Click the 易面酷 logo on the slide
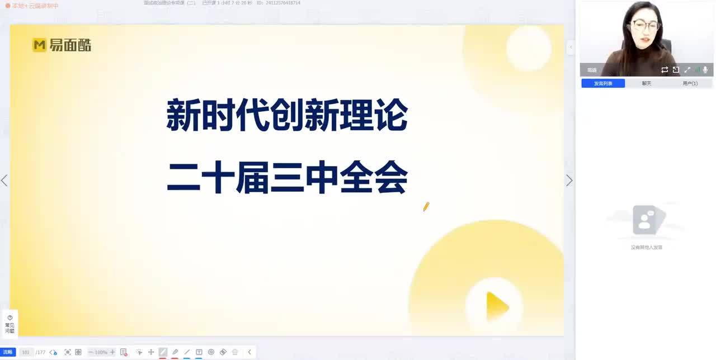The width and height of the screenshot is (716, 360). tap(62, 45)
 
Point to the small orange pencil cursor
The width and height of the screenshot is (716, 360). tap(426, 207)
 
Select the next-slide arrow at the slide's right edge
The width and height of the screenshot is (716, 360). tap(569, 181)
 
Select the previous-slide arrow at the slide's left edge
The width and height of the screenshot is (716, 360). tap(4, 181)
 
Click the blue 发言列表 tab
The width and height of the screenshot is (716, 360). tap(603, 83)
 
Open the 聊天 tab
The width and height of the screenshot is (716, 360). tap(647, 83)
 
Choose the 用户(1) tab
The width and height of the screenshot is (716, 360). tap(690, 83)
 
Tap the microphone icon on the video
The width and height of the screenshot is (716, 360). tap(705, 70)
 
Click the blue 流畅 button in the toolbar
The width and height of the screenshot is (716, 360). tap(8, 352)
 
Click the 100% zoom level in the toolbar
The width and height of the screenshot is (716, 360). tap(101, 352)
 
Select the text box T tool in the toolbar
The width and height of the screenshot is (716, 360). tap(199, 352)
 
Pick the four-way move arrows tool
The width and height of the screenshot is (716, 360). tap(150, 352)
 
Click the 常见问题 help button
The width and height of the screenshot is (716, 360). tap(10, 324)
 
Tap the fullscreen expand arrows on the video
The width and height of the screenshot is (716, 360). tap(687, 70)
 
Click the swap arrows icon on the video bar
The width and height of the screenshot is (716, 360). tap(665, 70)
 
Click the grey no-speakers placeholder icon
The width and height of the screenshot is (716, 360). tap(646, 220)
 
